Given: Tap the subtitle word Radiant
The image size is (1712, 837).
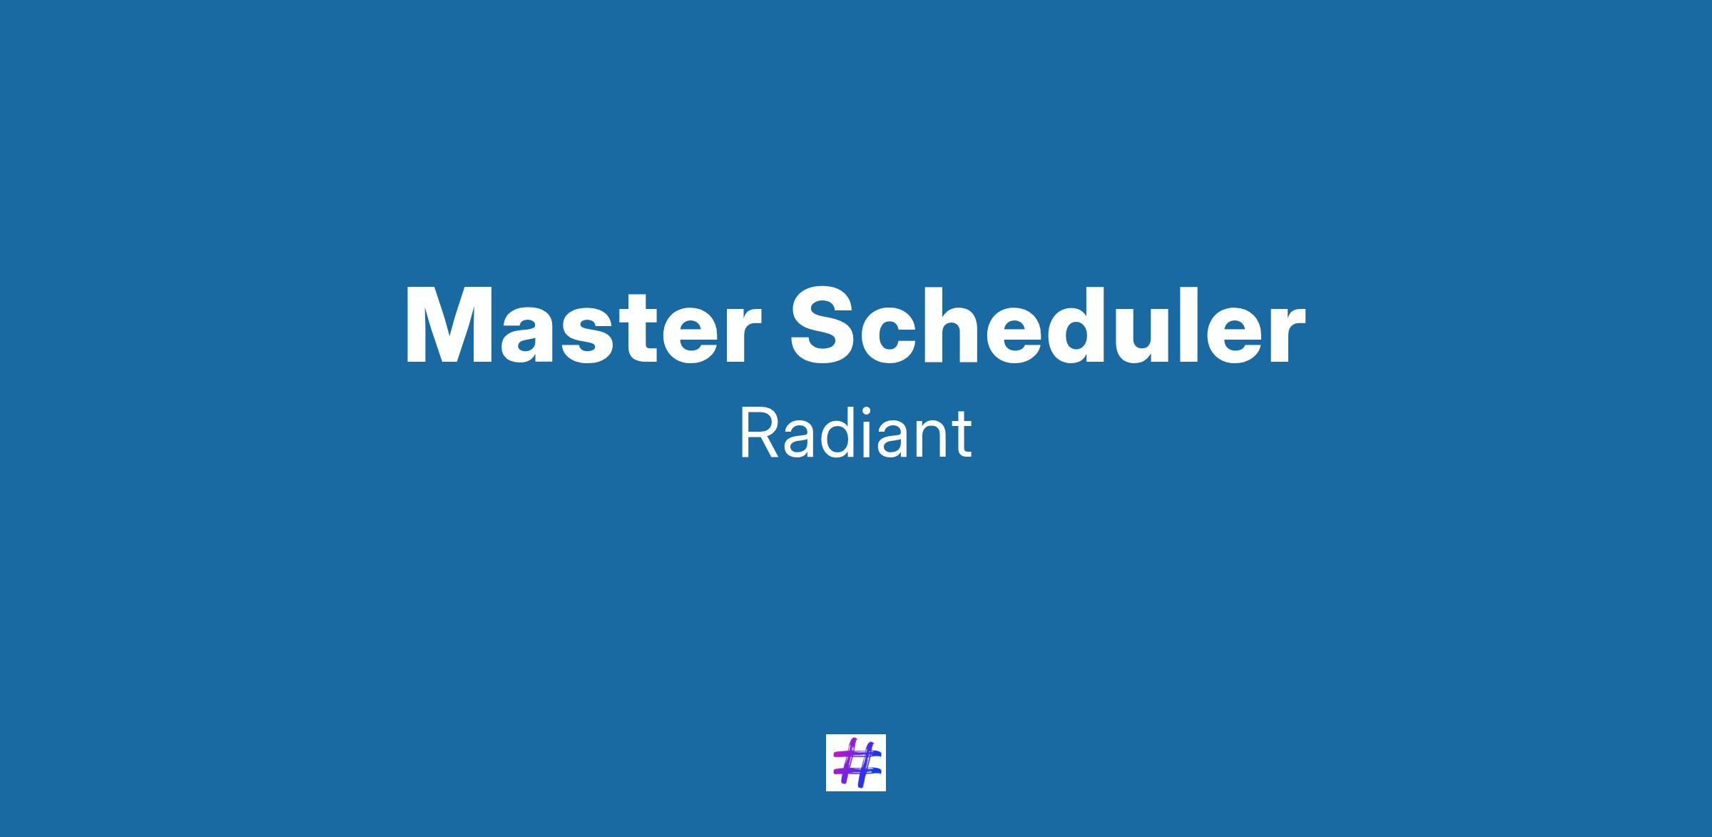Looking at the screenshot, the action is click(855, 434).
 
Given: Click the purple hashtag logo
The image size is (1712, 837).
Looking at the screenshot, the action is click(855, 763).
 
